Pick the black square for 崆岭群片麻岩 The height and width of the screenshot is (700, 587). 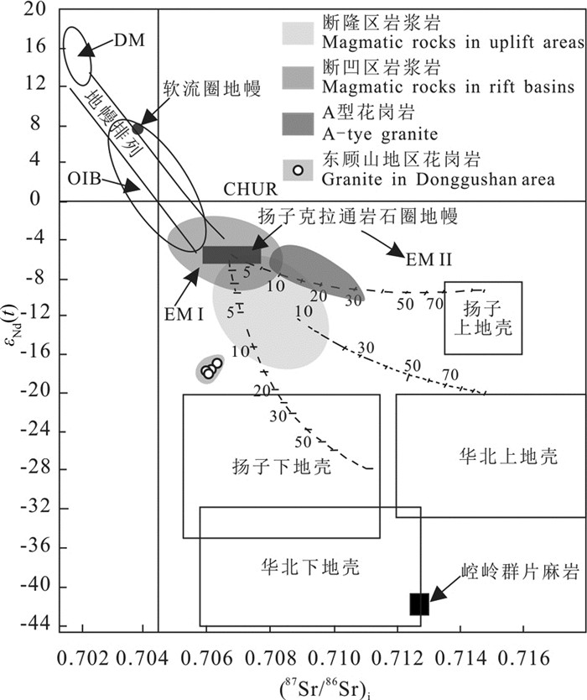coord(419,603)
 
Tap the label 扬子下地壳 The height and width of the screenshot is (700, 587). coord(279,468)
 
